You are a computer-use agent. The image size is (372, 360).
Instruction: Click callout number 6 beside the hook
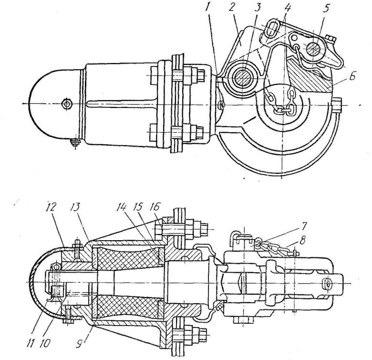point(352,77)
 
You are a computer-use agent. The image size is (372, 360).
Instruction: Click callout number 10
point(45,343)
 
